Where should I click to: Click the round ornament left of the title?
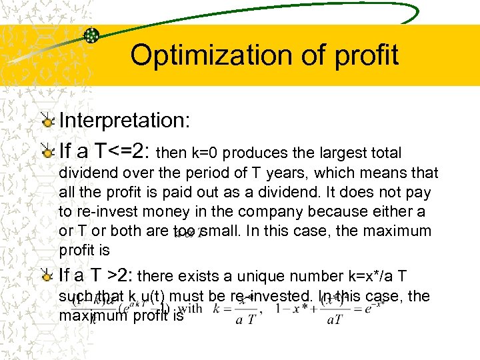click(93, 36)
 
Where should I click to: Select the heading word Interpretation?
click(125, 121)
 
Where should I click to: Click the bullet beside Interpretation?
click(47, 121)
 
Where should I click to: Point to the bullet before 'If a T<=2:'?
click(47, 152)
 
